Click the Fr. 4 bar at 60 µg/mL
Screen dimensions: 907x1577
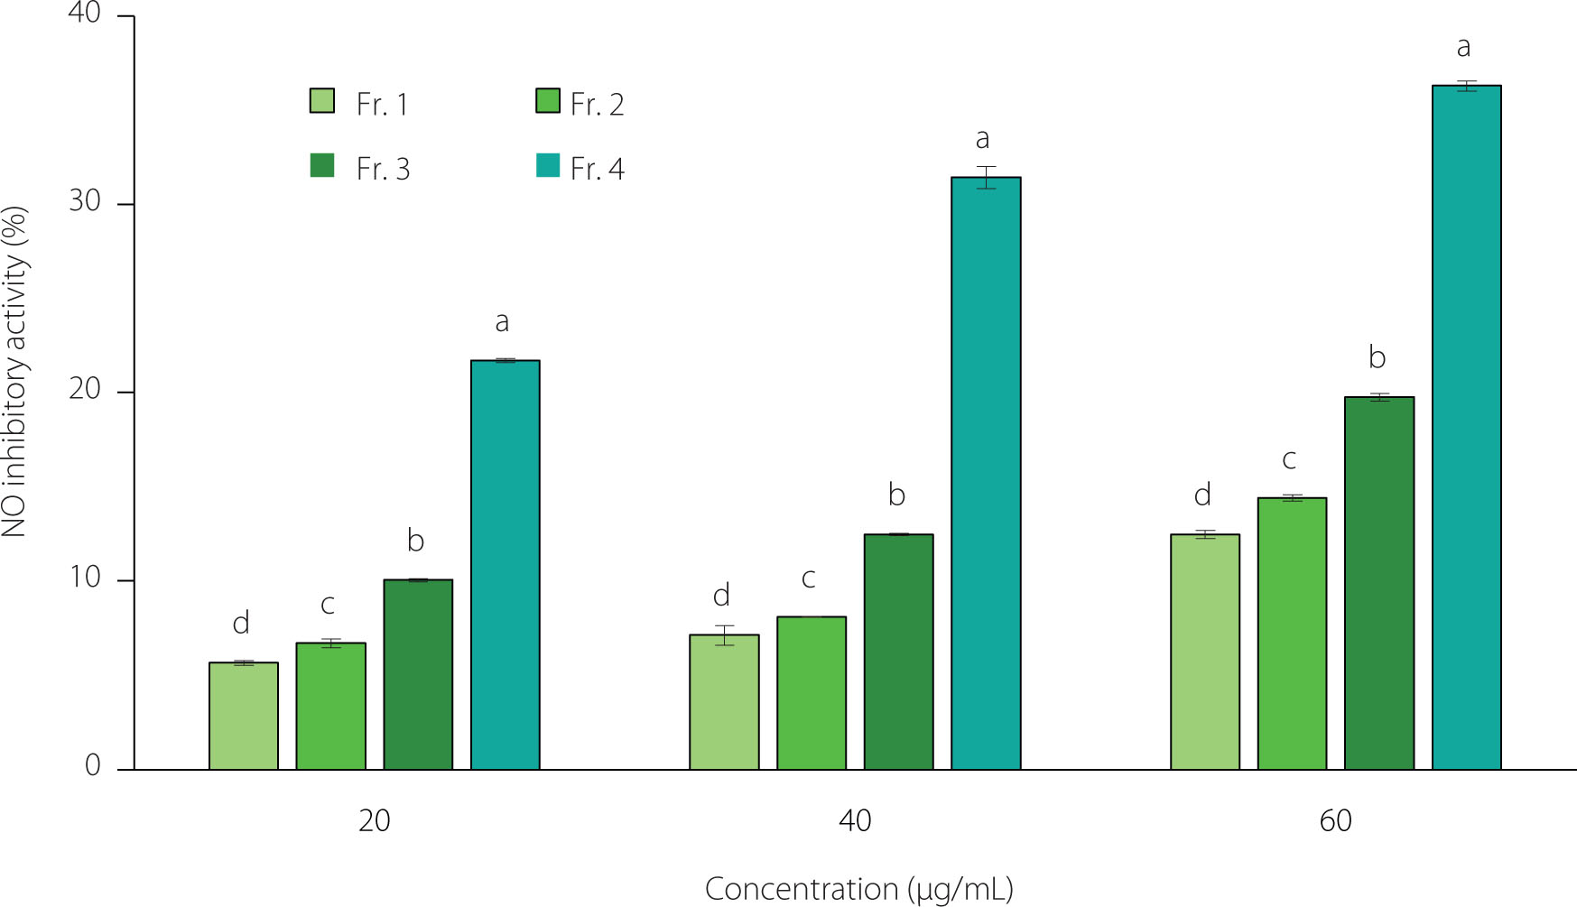click(1466, 428)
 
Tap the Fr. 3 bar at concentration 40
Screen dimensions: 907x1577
click(898, 652)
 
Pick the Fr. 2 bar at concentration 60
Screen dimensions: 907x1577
click(1292, 634)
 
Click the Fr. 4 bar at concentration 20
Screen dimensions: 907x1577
click(506, 565)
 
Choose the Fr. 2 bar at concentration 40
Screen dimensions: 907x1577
click(812, 693)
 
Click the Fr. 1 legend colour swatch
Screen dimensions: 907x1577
click(322, 101)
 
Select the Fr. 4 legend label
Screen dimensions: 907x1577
click(598, 169)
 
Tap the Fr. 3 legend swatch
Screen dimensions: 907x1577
click(322, 166)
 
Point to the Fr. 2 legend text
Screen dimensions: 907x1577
click(598, 105)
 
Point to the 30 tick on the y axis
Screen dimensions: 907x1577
click(85, 201)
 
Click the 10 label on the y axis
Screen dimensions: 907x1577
click(85, 578)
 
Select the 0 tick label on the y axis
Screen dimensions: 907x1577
click(92, 766)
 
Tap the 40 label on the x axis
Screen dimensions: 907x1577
click(855, 821)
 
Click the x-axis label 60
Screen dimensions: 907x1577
click(1335, 821)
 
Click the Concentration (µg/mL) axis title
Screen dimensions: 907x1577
click(858, 889)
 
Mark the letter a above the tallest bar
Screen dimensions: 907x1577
click(1463, 47)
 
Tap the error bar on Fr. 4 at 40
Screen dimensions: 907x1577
click(986, 177)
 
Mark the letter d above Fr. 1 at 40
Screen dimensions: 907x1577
click(721, 596)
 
